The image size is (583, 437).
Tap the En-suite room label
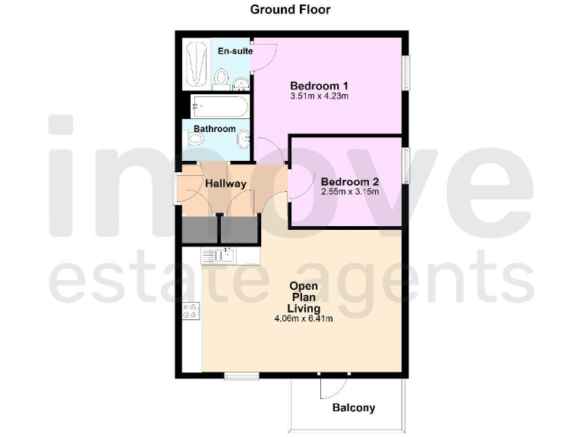[234, 51]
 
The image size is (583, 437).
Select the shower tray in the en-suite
[197, 63]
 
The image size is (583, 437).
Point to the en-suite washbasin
[241, 83]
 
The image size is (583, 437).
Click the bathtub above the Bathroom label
[219, 105]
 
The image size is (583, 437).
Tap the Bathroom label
[215, 129]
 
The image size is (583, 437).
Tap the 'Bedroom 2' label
[350, 182]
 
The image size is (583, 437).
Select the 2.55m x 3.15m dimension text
[350, 192]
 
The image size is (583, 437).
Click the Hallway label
[225, 184]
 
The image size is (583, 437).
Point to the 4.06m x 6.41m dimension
[304, 319]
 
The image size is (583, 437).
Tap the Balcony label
[354, 408]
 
